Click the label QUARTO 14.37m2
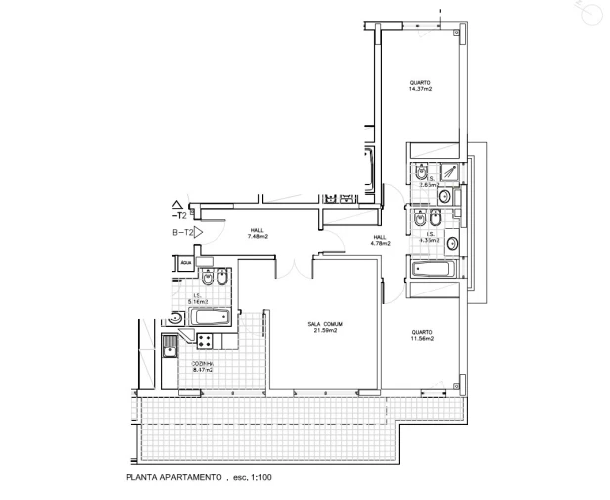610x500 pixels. (421, 85)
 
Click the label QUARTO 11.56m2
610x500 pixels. (422, 335)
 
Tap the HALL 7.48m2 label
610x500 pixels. (257, 233)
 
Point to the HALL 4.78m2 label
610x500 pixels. (380, 240)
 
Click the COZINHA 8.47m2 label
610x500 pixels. (202, 367)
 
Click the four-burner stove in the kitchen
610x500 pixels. (207, 341)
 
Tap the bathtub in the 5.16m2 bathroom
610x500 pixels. (210, 318)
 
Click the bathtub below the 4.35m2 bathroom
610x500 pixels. (433, 269)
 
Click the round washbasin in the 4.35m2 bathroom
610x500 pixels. (454, 242)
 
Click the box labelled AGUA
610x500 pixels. (185, 263)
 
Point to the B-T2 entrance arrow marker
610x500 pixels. (183, 232)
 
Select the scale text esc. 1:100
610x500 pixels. (252, 478)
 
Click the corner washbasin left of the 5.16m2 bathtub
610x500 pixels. (176, 318)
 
